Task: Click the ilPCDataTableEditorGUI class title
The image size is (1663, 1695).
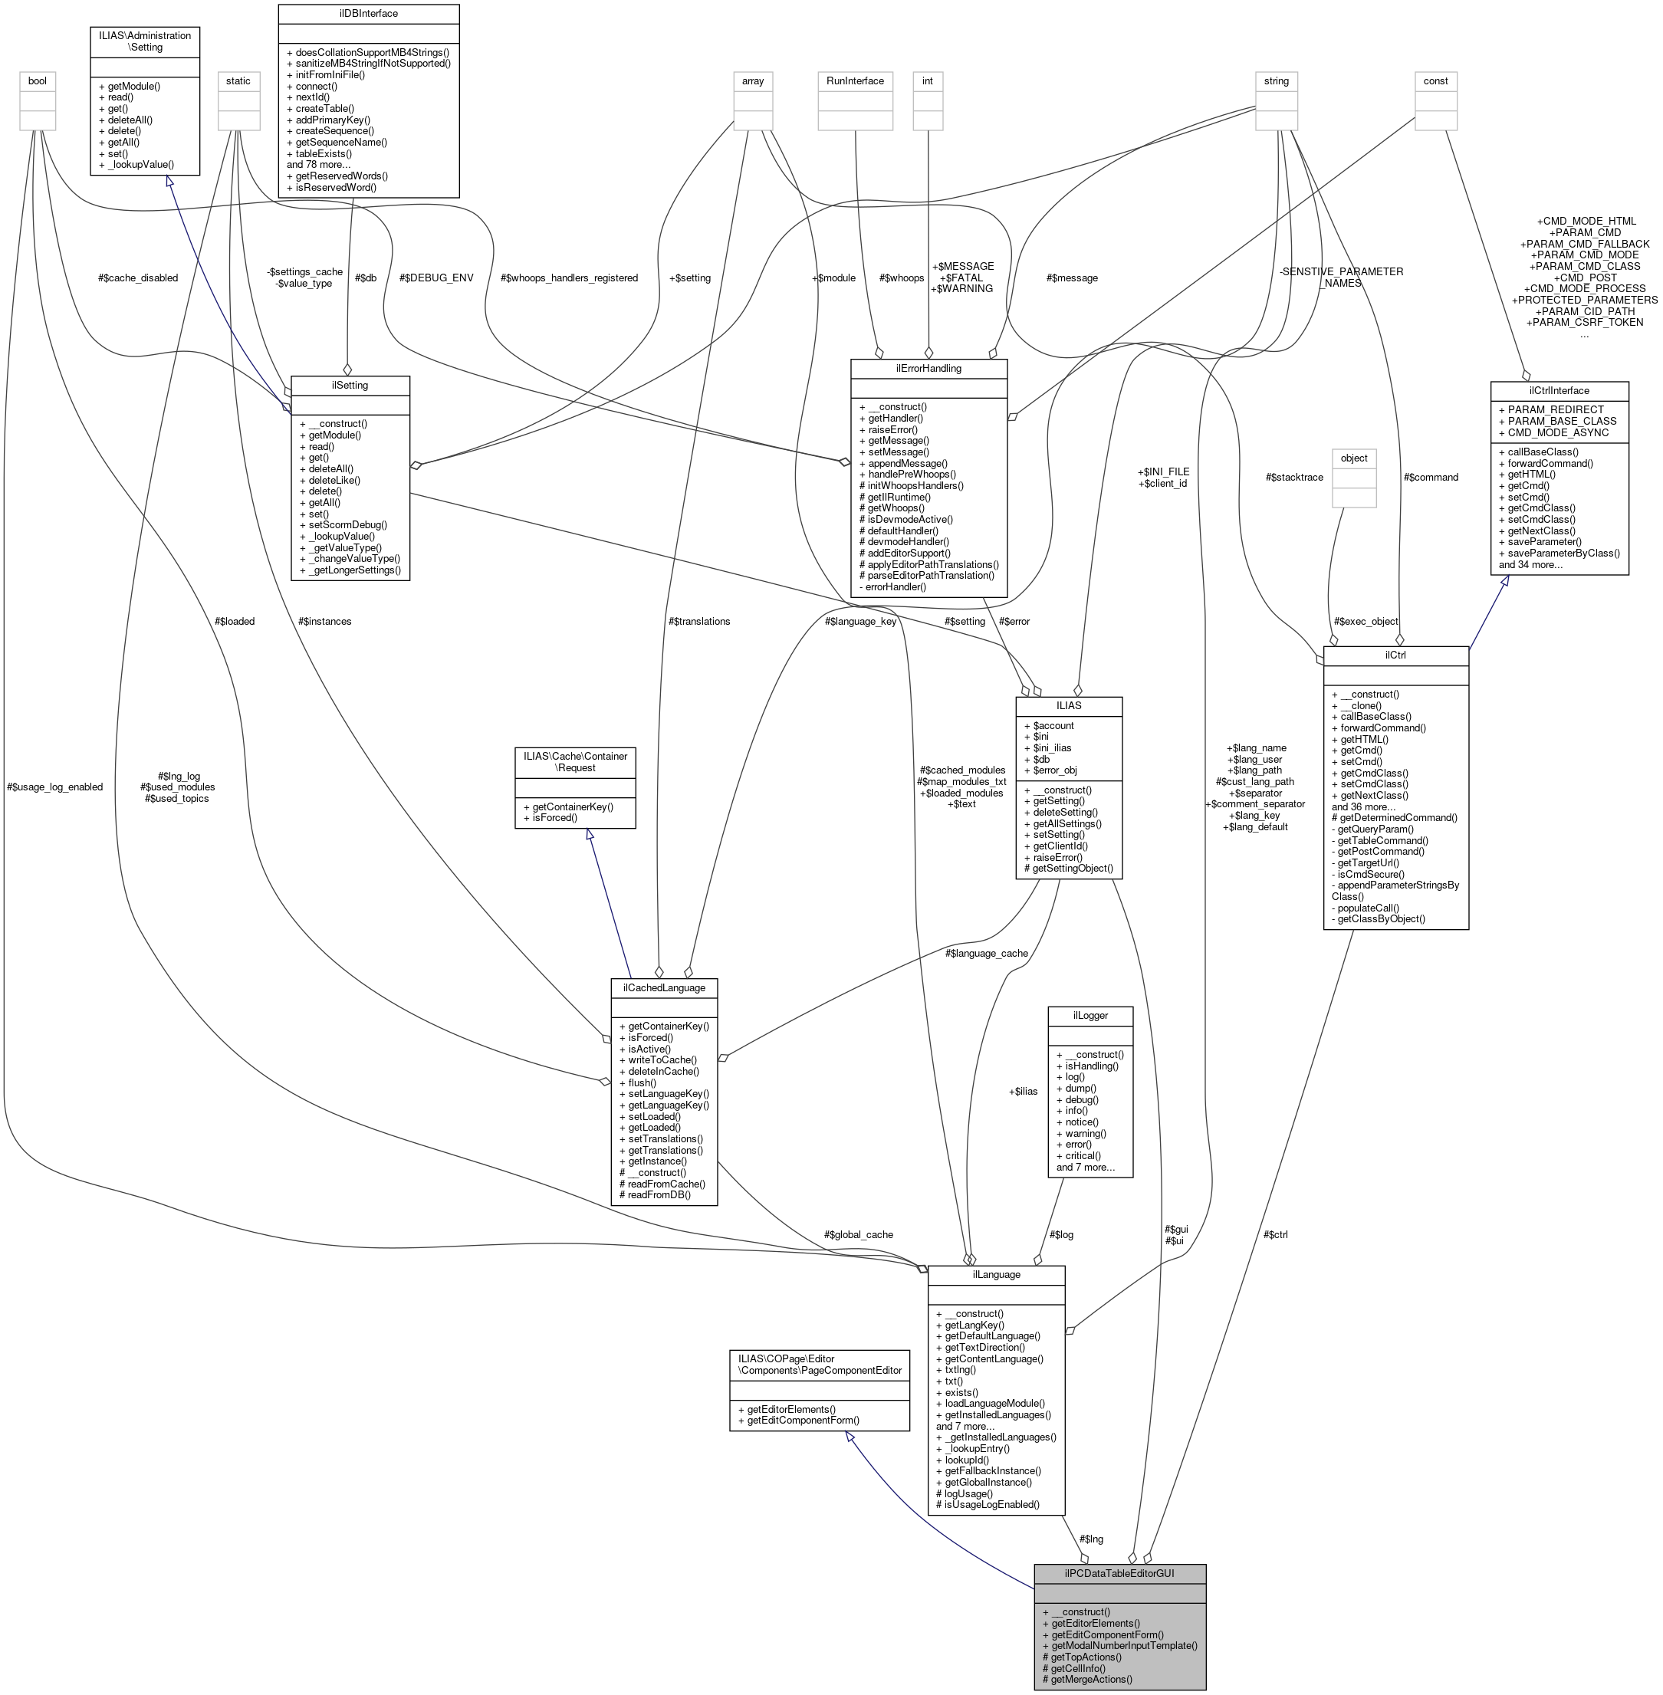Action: click(1119, 1573)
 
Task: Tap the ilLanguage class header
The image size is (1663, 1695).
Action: click(996, 1274)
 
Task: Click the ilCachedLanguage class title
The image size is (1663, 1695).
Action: click(663, 987)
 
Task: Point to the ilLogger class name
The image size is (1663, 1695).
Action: click(1089, 1015)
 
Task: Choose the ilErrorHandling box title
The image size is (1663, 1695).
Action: click(928, 368)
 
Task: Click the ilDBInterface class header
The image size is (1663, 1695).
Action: click(368, 13)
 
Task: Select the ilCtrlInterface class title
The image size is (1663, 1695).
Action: click(1559, 390)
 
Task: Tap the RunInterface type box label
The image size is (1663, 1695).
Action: click(855, 80)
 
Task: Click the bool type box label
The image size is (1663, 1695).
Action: click(38, 80)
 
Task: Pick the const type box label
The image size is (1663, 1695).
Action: click(1435, 80)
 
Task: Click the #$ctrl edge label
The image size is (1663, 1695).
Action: click(1275, 1234)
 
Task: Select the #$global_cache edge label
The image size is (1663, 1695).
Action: click(858, 1234)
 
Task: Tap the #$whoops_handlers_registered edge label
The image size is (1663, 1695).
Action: click(569, 278)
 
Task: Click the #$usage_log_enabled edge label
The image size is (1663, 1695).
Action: click(54, 786)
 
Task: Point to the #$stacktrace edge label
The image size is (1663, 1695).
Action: click(1293, 477)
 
